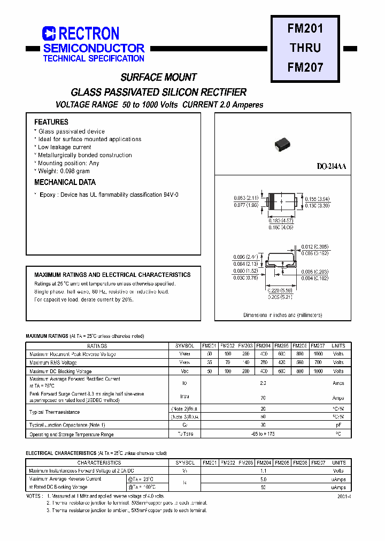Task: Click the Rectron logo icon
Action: click(49, 34)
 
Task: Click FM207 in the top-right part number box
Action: click(305, 67)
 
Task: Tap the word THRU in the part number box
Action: click(305, 48)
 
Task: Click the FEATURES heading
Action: click(51, 122)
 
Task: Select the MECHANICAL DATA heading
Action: click(65, 182)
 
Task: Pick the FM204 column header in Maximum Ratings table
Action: click(263, 346)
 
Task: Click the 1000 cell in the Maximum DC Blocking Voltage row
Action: click(318, 371)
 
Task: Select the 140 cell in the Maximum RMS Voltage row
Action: click(245, 362)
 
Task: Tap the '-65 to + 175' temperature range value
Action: click(263, 435)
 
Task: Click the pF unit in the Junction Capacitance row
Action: click(338, 426)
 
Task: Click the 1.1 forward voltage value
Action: click(263, 471)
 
